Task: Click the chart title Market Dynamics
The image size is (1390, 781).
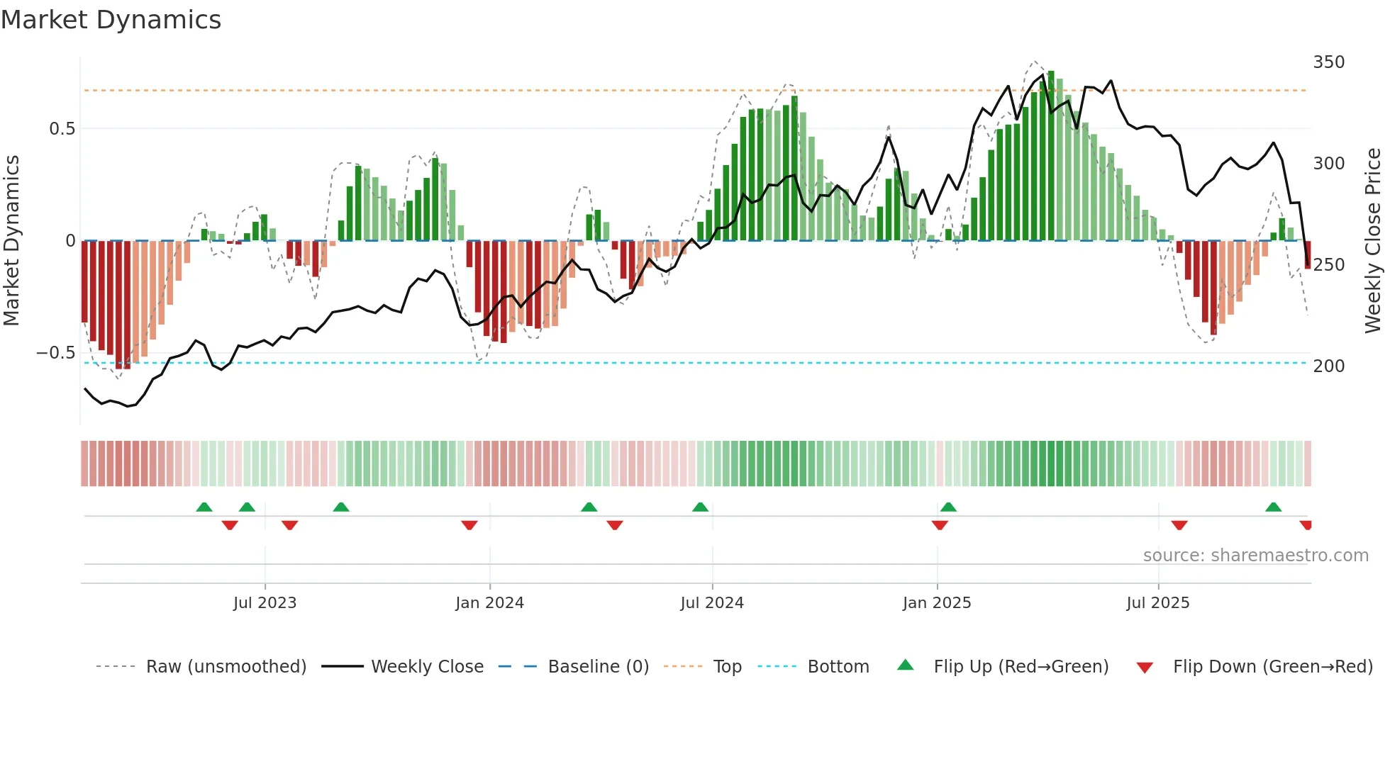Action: coord(111,20)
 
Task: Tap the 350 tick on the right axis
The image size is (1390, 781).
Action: coord(1328,62)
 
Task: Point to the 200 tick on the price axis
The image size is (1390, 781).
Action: coord(1328,366)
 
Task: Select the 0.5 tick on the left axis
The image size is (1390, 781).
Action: coord(62,129)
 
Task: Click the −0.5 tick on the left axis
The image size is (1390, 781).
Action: coord(56,353)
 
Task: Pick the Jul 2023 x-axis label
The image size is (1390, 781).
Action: coord(265,603)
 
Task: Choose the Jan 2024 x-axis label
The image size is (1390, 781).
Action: coord(489,603)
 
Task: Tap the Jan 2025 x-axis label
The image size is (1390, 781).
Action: coord(936,603)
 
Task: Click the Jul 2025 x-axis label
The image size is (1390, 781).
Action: coord(1157,603)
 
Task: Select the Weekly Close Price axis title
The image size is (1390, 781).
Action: coord(1373,241)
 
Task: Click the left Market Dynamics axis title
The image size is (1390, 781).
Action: coord(11,241)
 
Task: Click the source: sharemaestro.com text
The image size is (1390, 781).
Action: coord(1255,556)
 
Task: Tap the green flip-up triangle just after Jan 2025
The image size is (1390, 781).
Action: coord(948,507)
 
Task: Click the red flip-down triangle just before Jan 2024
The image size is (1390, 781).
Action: coord(469,525)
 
